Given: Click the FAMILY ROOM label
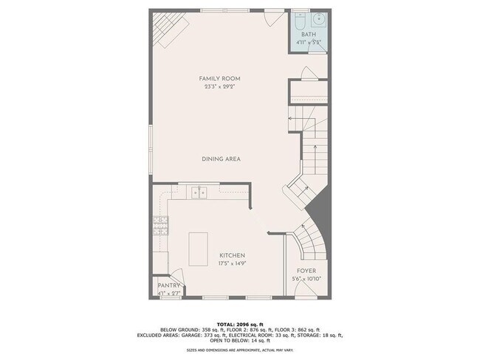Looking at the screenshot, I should tap(219, 78).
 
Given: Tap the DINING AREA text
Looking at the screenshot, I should tap(221, 159).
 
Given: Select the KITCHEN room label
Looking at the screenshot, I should tap(231, 255).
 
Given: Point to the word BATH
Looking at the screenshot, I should tap(309, 34).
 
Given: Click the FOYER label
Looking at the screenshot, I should tap(306, 271).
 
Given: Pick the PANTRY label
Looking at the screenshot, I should tap(168, 285).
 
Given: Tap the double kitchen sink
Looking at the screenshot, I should tap(198, 193).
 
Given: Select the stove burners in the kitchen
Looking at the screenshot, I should tap(159, 224).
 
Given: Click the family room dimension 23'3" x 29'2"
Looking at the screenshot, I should tap(219, 87).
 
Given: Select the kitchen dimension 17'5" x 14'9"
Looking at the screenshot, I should tap(231, 263).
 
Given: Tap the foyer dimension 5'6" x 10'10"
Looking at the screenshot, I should tap(306, 280).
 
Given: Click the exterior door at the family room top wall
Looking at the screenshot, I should tap(273, 16).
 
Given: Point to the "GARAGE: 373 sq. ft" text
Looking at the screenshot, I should tap(213, 335).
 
